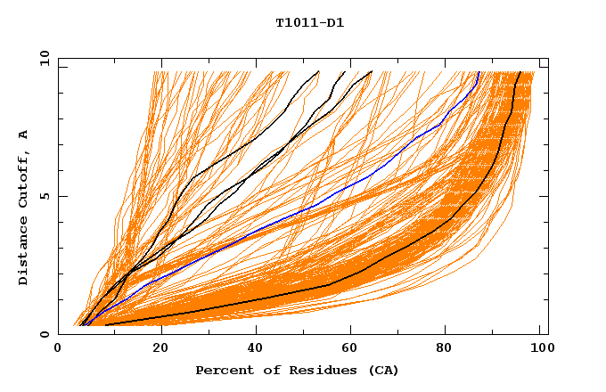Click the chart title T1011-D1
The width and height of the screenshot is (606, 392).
tap(309, 22)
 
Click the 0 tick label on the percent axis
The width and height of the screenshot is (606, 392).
tap(59, 351)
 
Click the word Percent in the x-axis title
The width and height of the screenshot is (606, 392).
tap(223, 370)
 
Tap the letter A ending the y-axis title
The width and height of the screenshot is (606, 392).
tap(24, 135)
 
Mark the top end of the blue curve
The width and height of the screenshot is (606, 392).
tap(479, 72)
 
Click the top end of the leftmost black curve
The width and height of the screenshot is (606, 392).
tap(318, 71)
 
